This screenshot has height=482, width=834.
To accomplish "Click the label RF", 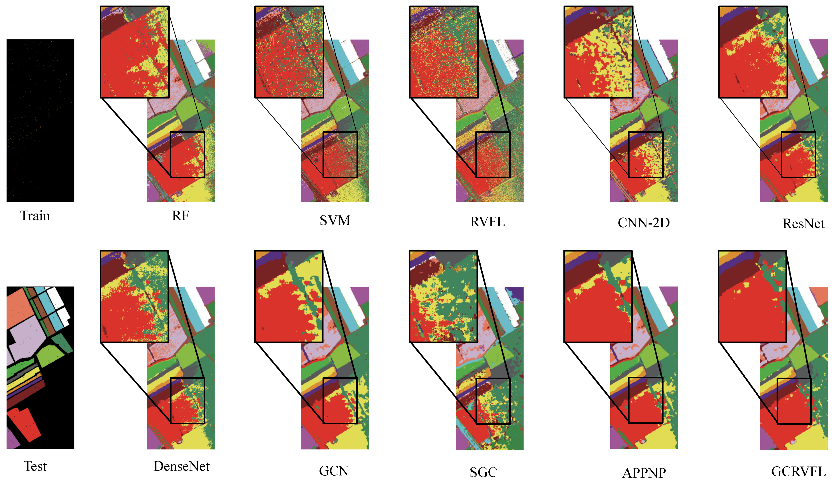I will point(180,216).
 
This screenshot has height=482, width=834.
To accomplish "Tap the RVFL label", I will point(488,222).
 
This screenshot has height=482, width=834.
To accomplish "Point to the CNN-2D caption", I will point(644,223).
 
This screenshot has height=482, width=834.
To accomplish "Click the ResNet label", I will point(803,224).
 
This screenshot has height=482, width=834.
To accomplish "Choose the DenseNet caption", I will point(181,467).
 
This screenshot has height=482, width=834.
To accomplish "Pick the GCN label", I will point(334,471).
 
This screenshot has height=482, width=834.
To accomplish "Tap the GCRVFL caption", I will point(798,471).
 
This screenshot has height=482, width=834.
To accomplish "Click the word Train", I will point(35,216).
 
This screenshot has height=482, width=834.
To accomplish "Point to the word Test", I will point(35,467).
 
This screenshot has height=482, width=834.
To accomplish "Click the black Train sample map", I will point(40,121).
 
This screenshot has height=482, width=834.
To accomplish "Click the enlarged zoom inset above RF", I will point(135,52).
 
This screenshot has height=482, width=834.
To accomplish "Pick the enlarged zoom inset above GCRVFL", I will point(752,296).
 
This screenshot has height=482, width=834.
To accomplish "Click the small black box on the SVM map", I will point(340,155).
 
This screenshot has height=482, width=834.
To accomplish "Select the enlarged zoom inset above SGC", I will point(443,296).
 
